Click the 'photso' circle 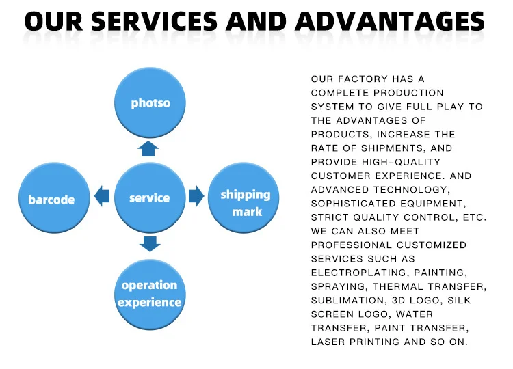pos(150,102)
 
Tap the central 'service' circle pos(150,197)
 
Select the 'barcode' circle pos(52,199)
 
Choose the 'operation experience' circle pos(150,294)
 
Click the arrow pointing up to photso pos(149,148)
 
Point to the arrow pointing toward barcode pos(102,197)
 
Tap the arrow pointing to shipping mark pos(196,197)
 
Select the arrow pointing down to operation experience pos(149,244)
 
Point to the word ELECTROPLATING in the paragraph pos(350,273)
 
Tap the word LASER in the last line pos(328,342)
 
